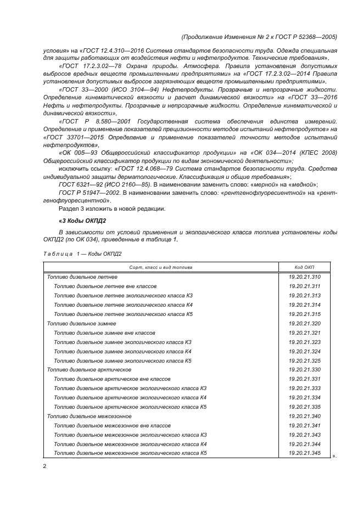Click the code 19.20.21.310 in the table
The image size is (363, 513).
[304, 277]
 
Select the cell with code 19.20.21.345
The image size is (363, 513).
[304, 453]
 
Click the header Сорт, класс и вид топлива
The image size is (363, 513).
[160, 267]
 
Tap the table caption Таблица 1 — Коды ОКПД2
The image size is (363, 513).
[82, 253]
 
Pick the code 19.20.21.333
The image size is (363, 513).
[304, 388]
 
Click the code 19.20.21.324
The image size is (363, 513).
[304, 351]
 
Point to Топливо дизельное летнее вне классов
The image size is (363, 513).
[105, 286]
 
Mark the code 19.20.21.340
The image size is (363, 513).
[304, 416]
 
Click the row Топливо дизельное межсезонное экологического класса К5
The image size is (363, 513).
[130, 453]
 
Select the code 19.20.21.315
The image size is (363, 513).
[304, 314]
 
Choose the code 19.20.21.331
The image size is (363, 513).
[304, 379]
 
